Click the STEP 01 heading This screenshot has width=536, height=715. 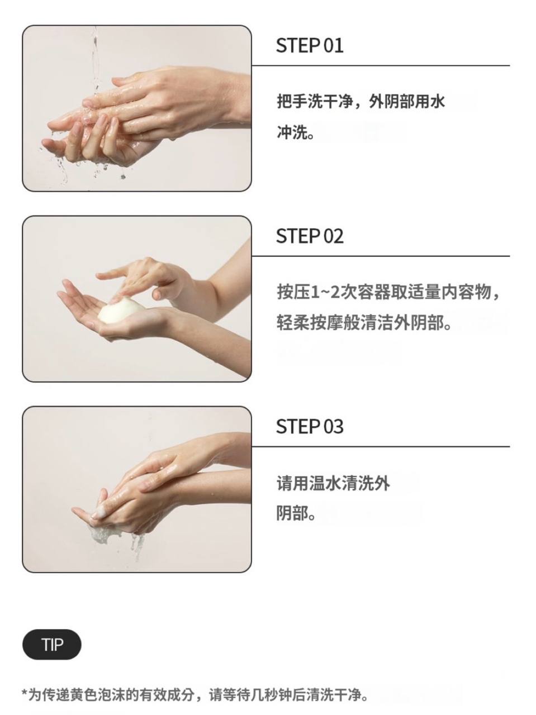point(310,45)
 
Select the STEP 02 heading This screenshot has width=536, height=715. point(310,236)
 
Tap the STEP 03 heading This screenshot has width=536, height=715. point(310,426)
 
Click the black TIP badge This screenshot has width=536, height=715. point(52,645)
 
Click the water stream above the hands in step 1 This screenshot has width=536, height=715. point(95,59)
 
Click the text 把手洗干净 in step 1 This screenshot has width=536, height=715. point(315,101)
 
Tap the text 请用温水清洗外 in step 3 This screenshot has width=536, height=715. point(333,483)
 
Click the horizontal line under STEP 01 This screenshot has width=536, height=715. point(381,65)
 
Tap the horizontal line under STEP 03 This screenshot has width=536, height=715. point(381,446)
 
